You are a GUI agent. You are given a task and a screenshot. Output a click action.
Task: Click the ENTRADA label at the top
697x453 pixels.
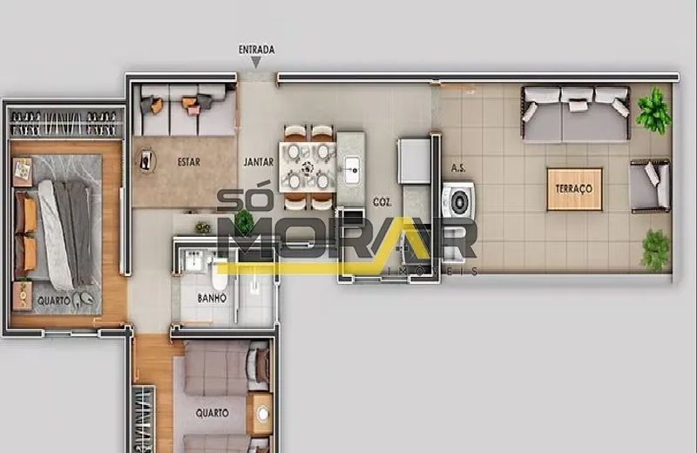[256, 50]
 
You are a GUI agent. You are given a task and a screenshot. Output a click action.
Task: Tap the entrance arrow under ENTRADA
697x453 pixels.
[256, 63]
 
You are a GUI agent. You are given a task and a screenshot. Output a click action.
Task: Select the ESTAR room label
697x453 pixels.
[189, 162]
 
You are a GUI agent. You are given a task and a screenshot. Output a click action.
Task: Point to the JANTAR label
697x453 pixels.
[259, 162]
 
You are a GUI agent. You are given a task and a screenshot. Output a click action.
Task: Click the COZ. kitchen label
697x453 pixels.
[382, 202]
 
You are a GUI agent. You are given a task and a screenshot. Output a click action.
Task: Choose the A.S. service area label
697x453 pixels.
[458, 168]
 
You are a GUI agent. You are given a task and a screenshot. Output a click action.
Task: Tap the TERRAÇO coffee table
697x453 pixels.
[574, 189]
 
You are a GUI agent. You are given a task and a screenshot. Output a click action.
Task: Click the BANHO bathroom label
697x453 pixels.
[212, 298]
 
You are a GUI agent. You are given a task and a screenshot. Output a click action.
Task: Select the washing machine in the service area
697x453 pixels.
[458, 199]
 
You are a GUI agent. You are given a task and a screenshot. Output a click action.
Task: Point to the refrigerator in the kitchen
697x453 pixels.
[414, 161]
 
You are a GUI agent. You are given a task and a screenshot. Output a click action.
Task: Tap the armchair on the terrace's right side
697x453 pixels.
[650, 186]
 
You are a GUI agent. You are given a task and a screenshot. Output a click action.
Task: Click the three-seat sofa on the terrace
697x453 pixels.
[576, 114]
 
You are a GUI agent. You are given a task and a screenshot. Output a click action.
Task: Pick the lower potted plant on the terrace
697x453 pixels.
[656, 249]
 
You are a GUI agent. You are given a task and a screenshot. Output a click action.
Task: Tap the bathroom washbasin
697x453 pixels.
[194, 260]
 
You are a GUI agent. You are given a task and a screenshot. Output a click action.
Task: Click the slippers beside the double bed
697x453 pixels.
[83, 299]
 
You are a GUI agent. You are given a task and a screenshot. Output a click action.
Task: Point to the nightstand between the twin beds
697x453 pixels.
[260, 414]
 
